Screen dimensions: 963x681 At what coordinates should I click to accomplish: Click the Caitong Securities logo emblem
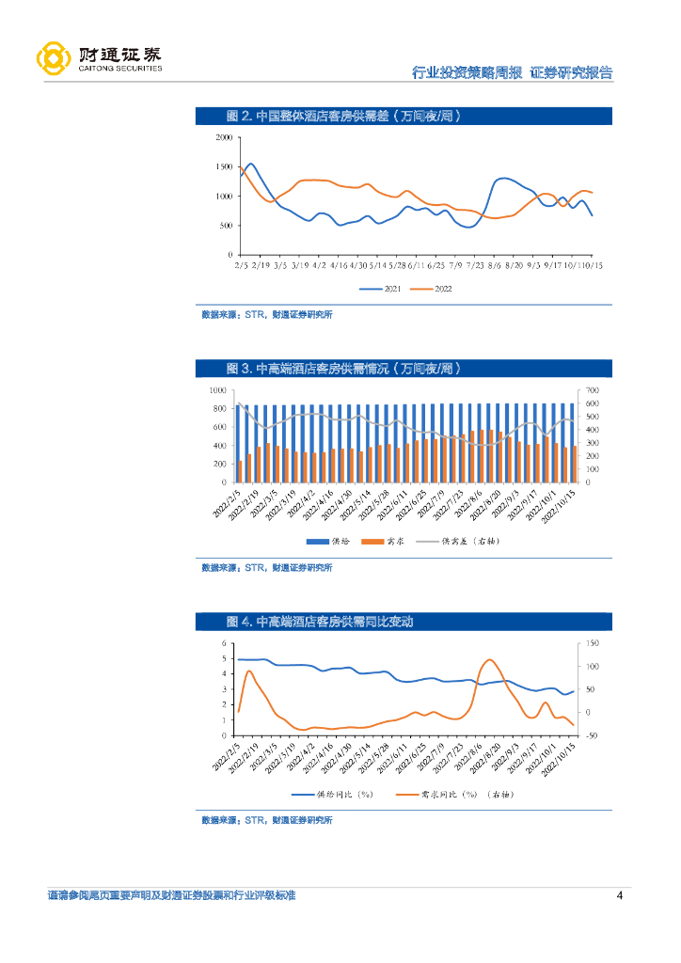pos(54,58)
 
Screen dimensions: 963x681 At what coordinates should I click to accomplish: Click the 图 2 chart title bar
pos(404,117)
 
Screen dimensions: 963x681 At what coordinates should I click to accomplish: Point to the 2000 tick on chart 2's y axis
pos(224,137)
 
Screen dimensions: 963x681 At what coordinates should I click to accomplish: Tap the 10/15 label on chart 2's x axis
pos(591,266)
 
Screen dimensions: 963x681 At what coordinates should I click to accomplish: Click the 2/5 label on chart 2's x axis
pos(241,266)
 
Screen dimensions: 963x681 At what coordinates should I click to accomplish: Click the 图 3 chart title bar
pos(404,368)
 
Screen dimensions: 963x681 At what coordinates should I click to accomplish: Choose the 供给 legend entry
pos(330,541)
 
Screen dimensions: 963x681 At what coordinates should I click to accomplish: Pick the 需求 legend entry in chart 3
pos(385,541)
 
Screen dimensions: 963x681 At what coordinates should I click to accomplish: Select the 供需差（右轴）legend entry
pos(455,541)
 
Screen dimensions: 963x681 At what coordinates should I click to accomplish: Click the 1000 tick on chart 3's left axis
pos(216,389)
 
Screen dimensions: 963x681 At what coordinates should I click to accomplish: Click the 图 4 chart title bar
pos(404,622)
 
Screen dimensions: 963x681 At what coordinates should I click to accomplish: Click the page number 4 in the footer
pos(619,895)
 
